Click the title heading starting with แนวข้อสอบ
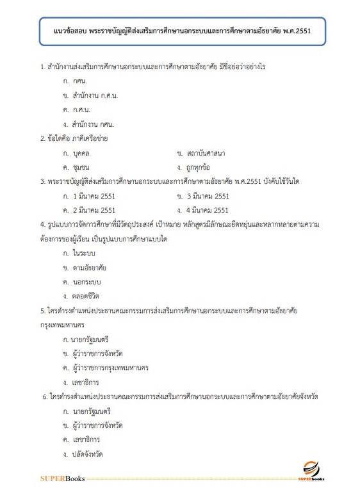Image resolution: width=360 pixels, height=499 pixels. click(x=180, y=31)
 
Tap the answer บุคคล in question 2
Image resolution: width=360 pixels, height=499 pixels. click(x=84, y=153)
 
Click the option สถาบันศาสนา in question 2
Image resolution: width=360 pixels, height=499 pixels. click(x=206, y=153)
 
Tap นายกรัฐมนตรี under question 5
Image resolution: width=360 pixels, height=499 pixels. click(x=96, y=339)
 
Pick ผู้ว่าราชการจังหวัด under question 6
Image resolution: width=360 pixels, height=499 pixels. click(x=98, y=425)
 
